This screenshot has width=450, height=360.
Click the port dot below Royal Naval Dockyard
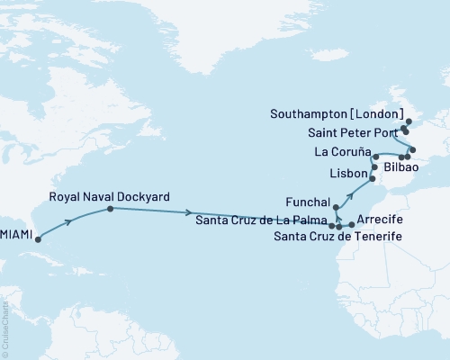click(x=110, y=209)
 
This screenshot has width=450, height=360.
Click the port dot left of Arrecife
click(x=352, y=226)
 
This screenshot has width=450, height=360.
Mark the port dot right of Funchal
click(x=336, y=209)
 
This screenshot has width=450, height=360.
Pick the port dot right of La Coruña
click(x=375, y=157)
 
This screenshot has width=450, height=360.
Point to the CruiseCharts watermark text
click(x=8, y=327)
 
